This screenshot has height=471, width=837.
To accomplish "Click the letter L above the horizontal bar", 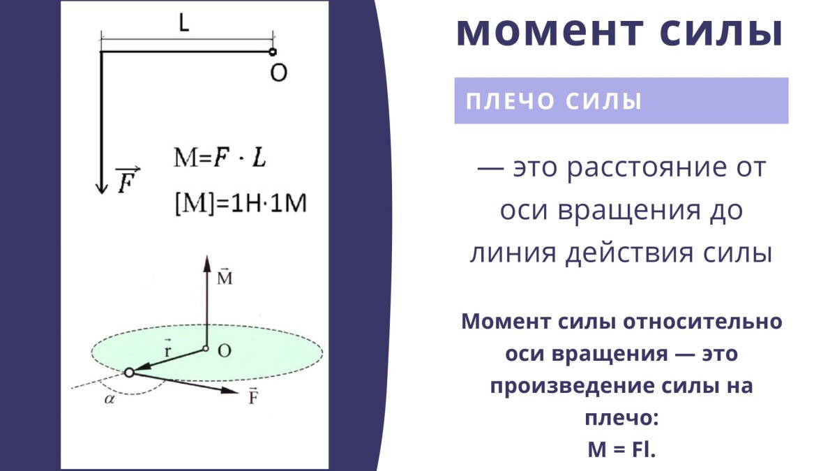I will click(x=183, y=24).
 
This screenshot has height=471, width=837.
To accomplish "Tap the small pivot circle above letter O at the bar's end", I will click(x=273, y=52).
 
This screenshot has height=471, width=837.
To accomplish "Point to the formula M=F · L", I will click(x=220, y=159).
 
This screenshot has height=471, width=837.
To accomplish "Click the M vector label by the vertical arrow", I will click(x=225, y=278).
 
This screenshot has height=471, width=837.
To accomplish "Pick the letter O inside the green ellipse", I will click(x=224, y=350).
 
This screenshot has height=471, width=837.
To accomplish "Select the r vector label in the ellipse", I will click(x=167, y=348).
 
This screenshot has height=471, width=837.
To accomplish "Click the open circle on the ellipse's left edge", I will click(x=128, y=373).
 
